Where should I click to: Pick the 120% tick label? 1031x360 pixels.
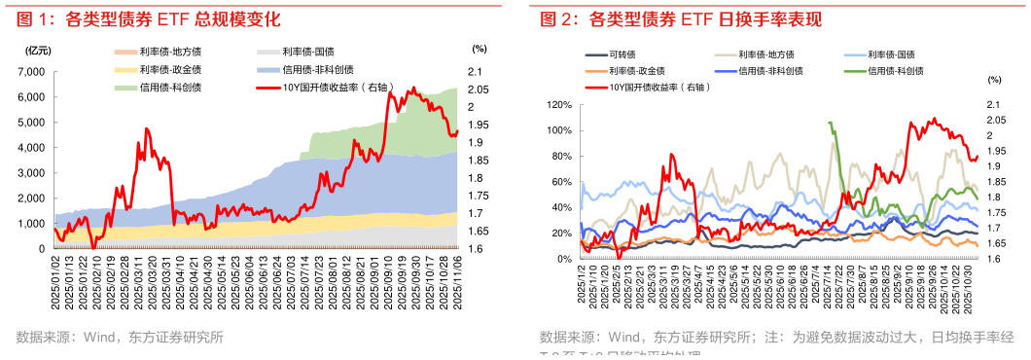(x=557, y=104)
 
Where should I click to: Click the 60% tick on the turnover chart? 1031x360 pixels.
(x=560, y=182)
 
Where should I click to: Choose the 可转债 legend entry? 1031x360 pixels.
(x=622, y=54)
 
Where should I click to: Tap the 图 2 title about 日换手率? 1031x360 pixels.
(x=681, y=18)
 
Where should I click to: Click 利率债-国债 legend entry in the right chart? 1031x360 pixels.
(x=890, y=54)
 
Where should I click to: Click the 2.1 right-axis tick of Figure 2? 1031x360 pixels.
(x=994, y=104)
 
